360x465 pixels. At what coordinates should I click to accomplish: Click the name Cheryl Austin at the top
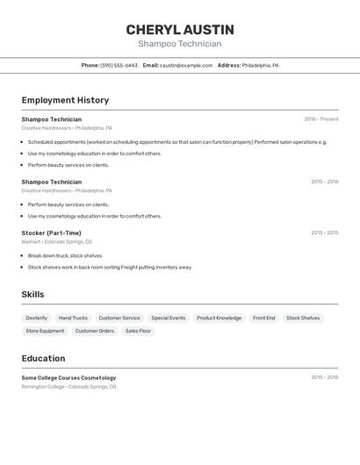[x=180, y=30]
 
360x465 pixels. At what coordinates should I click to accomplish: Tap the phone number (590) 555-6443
[x=119, y=65]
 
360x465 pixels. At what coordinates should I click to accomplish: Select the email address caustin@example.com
[x=186, y=65]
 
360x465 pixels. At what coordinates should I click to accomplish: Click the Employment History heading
[x=65, y=100]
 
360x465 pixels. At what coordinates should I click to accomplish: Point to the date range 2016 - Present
[x=320, y=119]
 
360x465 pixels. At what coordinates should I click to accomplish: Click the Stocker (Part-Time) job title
[x=51, y=232]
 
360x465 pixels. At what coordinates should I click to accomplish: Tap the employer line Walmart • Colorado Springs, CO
[x=56, y=241]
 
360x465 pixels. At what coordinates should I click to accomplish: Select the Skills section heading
[x=32, y=295]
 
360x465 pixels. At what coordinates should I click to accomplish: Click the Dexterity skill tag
[x=37, y=318]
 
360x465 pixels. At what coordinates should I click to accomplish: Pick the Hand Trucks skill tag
[x=73, y=318]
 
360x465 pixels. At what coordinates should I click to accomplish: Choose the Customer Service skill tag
[x=119, y=318]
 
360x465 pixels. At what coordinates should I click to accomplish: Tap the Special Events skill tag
[x=168, y=318]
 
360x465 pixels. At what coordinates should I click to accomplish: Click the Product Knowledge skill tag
[x=219, y=318]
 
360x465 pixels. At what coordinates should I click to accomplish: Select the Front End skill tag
[x=264, y=318]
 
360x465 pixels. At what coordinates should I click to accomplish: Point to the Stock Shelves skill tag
[x=303, y=318]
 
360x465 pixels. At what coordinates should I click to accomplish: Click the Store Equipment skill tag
[x=45, y=331]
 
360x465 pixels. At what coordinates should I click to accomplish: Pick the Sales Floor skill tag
[x=138, y=331]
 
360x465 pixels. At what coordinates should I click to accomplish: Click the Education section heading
[x=43, y=358]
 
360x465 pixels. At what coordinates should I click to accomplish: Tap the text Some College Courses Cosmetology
[x=68, y=377]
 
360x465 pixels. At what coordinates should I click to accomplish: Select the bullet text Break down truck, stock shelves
[x=65, y=255]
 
